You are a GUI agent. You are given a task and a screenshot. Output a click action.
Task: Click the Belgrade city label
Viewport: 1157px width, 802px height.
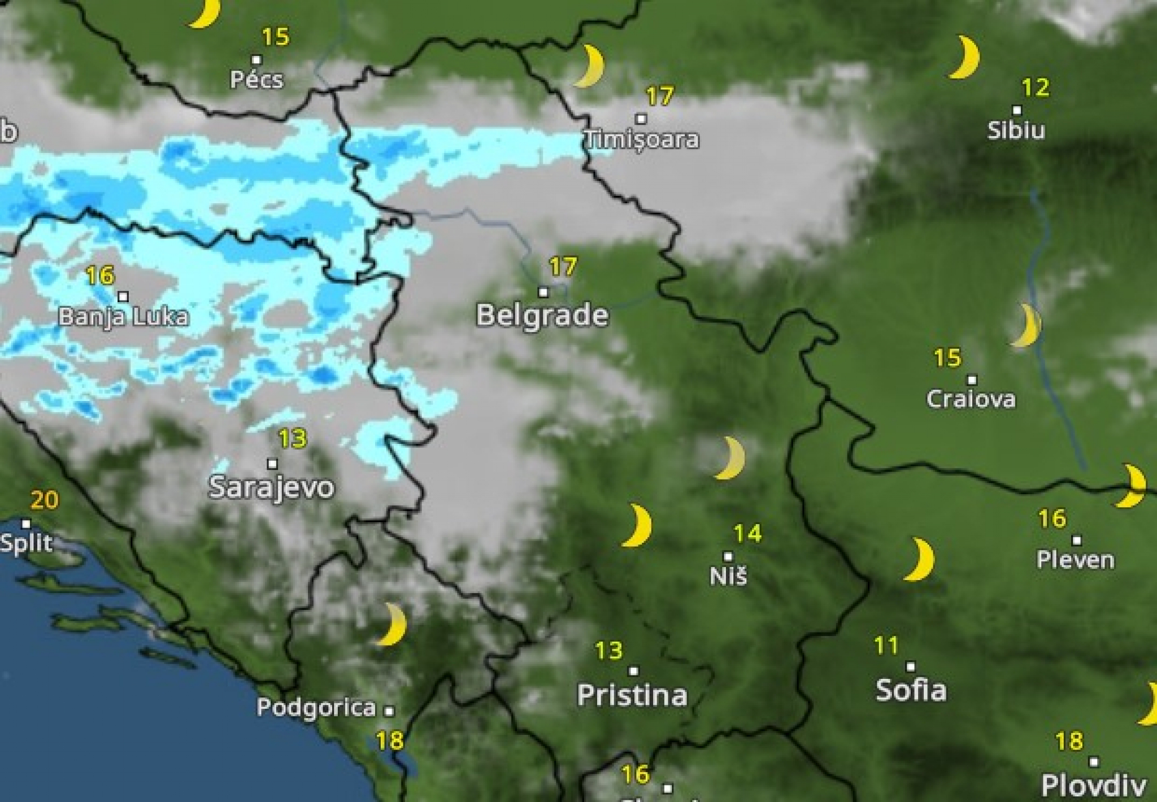(542, 315)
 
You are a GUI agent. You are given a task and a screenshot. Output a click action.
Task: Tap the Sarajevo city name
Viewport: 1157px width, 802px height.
(271, 487)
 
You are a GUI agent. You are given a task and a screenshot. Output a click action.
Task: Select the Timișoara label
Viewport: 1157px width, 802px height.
(641, 139)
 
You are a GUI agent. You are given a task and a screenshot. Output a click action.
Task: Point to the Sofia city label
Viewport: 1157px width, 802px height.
(911, 690)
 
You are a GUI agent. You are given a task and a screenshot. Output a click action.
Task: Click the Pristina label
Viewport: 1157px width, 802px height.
(632, 695)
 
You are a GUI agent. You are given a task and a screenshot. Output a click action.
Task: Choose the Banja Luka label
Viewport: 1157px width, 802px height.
(123, 316)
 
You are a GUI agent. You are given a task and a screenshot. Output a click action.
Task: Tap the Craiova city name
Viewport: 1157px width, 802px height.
(971, 399)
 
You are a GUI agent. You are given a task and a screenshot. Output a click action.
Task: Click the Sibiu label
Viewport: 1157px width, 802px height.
(1016, 130)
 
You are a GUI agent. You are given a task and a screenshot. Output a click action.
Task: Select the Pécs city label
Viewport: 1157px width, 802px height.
(256, 80)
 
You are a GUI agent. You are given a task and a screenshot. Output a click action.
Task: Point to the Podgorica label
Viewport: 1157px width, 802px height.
(316, 707)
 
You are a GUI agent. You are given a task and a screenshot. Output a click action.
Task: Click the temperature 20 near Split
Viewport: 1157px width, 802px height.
(44, 500)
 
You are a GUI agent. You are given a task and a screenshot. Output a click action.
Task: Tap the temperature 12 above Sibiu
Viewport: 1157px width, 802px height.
(1036, 88)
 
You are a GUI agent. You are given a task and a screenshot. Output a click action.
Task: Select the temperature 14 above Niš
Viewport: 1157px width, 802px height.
(747, 533)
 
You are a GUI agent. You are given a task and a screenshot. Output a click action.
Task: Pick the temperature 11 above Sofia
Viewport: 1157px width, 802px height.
(886, 646)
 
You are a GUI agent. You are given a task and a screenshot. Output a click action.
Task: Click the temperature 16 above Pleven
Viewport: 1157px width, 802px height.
(1052, 518)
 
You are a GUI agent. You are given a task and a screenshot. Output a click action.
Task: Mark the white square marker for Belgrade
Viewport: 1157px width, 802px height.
(543, 292)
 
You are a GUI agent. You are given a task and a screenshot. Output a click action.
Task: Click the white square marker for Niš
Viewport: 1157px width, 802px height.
(728, 556)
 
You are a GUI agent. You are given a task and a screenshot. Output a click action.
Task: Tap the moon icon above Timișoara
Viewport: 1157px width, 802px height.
(590, 66)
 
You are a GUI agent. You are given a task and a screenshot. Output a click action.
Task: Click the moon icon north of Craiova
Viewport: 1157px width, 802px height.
(1026, 325)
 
